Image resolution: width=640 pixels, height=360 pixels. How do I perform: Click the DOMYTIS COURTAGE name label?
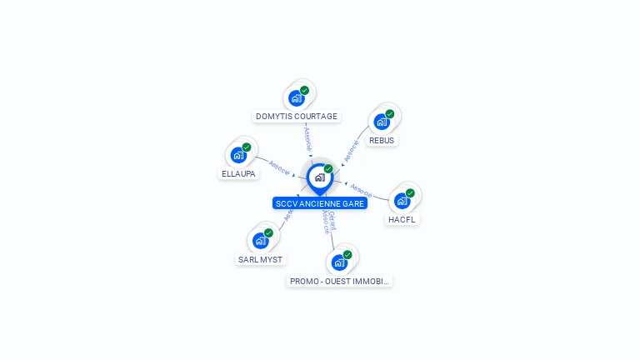pos(297,117)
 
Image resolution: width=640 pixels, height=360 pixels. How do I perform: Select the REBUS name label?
pos(382,140)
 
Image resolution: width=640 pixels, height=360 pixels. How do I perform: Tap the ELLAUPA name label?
pos(239,174)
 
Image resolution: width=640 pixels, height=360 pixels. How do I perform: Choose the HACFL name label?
pos(402,220)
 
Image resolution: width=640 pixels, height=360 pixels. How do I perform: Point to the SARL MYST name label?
pos(260,259)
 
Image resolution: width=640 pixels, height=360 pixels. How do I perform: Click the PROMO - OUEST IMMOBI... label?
pos(339,282)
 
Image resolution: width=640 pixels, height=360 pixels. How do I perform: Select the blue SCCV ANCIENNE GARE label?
pos(320,203)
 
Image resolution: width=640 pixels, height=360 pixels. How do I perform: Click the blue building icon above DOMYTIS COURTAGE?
pos(296,98)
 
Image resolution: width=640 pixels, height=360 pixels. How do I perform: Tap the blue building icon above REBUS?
pos(381,122)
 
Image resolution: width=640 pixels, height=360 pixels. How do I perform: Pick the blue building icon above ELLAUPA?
pos(238,155)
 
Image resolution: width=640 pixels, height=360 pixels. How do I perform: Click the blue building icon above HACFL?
pos(402,201)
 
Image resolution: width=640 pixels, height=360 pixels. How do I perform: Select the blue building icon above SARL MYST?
pos(260,241)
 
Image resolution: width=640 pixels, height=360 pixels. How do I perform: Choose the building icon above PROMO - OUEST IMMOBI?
pos(338,262)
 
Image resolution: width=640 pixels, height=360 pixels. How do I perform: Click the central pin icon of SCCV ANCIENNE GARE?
pos(319,177)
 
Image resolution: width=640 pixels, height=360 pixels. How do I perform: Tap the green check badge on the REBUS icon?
pos(390,113)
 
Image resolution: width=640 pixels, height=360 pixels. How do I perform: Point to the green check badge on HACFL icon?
pos(410,192)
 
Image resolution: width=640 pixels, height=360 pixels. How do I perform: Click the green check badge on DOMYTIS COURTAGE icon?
pos(304,90)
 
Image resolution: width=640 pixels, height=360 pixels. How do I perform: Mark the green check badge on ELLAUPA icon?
pos(247,147)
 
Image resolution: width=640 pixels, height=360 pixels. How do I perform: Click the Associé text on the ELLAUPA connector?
pos(280,167)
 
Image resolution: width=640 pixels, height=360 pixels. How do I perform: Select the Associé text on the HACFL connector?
pos(362,190)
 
